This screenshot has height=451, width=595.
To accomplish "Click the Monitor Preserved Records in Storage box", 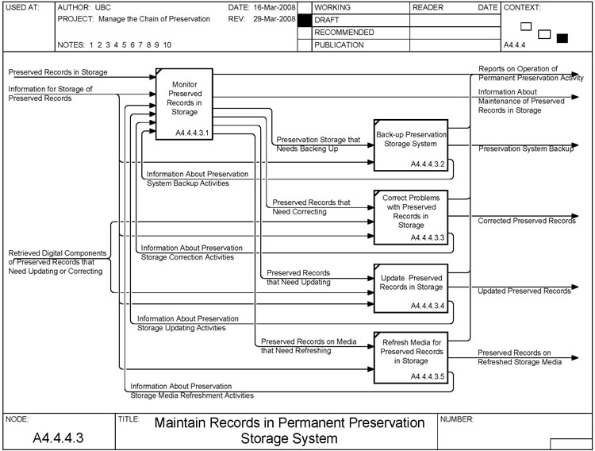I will click(x=185, y=102).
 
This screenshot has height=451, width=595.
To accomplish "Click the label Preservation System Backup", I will click(x=526, y=148).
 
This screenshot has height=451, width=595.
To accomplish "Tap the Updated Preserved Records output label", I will click(x=524, y=291).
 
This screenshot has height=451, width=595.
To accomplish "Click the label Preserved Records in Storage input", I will click(x=58, y=72).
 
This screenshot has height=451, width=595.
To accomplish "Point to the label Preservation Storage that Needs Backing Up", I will click(x=318, y=144).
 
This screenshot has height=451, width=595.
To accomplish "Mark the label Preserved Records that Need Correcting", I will click(x=311, y=207).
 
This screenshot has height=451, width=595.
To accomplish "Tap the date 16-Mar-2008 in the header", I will click(x=269, y=7).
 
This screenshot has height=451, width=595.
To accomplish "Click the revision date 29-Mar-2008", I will click(x=269, y=19).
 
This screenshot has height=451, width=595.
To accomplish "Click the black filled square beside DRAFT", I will click(x=303, y=20).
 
